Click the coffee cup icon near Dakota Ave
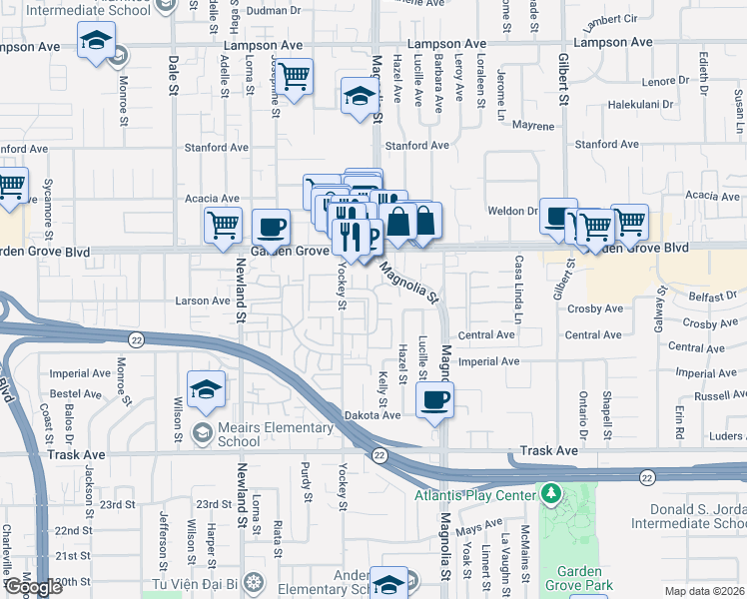434,400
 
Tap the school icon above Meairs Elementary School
206,388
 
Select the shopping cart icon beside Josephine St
295,76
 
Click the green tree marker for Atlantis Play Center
550,493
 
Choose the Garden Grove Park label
572,580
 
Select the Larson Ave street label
203,300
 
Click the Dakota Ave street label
375,414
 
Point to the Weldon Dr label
513,211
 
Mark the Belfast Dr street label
711,297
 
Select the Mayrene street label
533,127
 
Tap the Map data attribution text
703,591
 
